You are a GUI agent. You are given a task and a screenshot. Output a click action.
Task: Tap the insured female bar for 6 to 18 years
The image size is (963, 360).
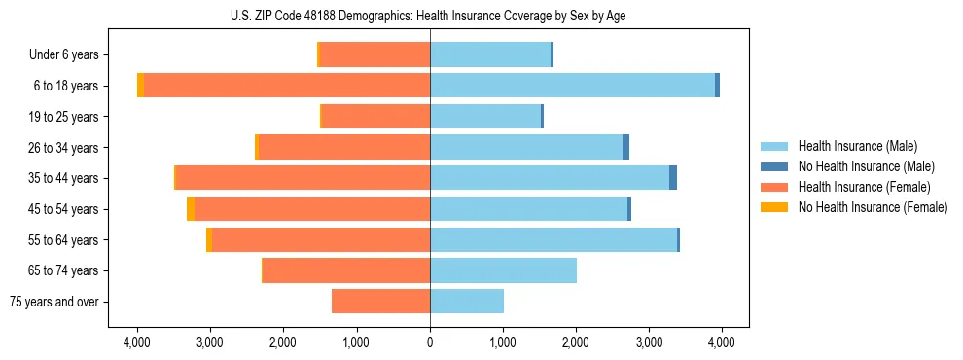[287, 86]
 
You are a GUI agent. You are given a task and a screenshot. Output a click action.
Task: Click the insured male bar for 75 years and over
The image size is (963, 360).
[467, 302]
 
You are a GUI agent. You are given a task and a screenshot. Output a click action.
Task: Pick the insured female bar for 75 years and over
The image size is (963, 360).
[381, 302]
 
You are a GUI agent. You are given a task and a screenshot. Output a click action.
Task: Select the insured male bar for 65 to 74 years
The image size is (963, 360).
[503, 270]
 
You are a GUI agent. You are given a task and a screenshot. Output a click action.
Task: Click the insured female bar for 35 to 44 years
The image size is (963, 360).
[303, 178]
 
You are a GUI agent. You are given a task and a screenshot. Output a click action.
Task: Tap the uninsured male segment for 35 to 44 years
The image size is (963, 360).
[673, 178]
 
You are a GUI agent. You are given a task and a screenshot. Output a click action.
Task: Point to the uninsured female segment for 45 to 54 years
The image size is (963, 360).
[191, 209]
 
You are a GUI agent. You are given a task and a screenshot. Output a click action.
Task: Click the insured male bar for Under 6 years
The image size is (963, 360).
[490, 54]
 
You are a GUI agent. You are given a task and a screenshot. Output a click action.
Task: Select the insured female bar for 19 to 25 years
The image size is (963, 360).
[375, 117]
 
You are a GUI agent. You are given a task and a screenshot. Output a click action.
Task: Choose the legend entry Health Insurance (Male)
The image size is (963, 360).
[857, 146]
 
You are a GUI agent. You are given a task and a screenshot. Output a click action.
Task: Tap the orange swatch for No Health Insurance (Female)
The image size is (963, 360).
[774, 207]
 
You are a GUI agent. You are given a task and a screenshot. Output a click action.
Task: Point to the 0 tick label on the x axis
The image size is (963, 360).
[430, 342]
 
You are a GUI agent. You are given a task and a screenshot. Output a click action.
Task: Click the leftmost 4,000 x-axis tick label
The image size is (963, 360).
[137, 342]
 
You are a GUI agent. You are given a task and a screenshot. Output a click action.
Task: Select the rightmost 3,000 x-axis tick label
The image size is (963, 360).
[649, 342]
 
